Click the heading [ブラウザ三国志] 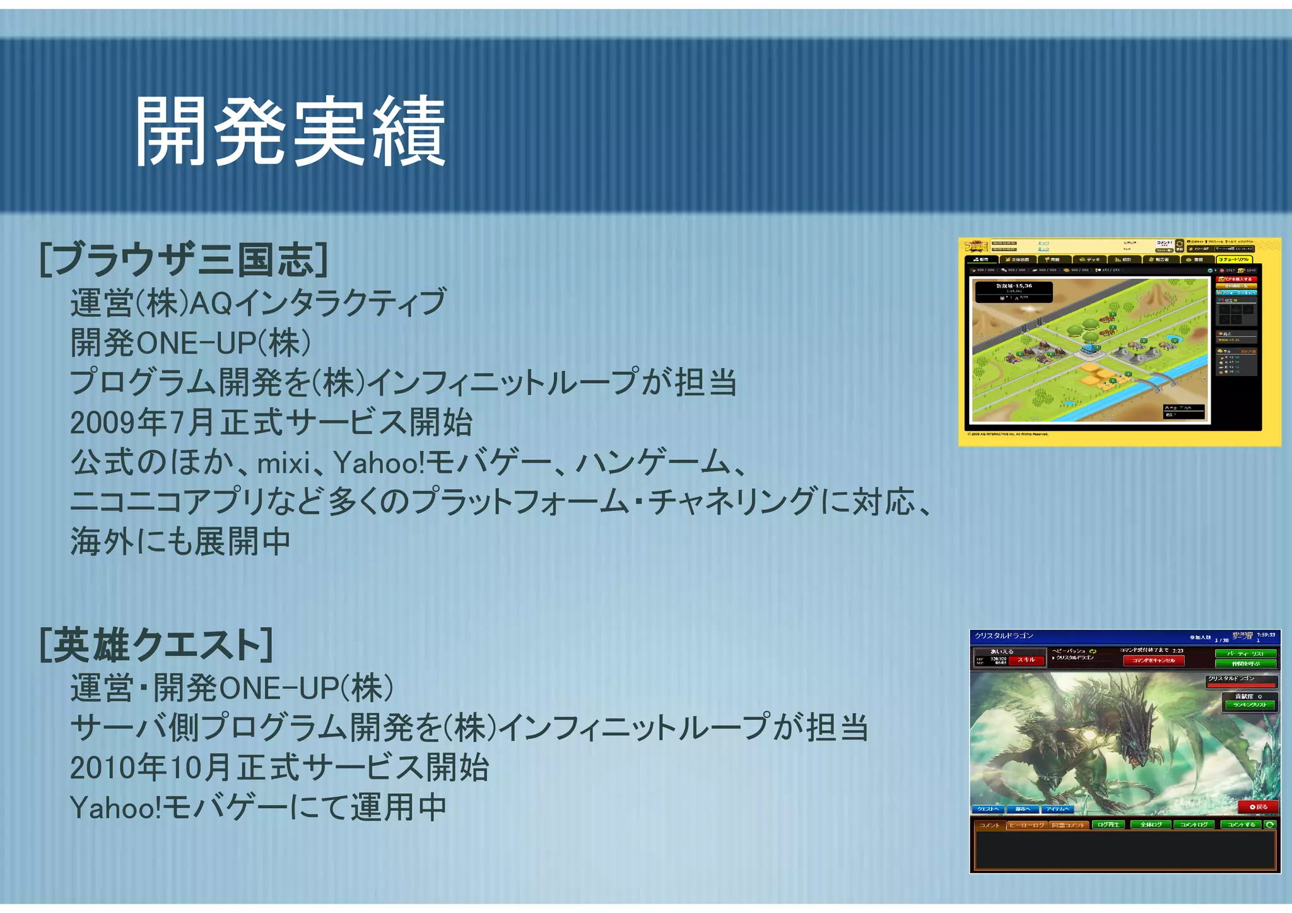[x=183, y=259]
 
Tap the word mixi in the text [x=284, y=464]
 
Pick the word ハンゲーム [x=654, y=464]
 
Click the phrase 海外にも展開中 [x=180, y=541]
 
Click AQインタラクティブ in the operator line [x=318, y=303]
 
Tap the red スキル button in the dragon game [x=1026, y=660]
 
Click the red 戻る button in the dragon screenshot [x=1258, y=806]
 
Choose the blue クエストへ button [x=987, y=809]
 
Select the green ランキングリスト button [x=1250, y=705]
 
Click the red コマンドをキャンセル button [x=1153, y=661]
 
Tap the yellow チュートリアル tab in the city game [x=1235, y=259]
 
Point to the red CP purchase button [x=1236, y=279]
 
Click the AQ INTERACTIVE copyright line [x=1007, y=434]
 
